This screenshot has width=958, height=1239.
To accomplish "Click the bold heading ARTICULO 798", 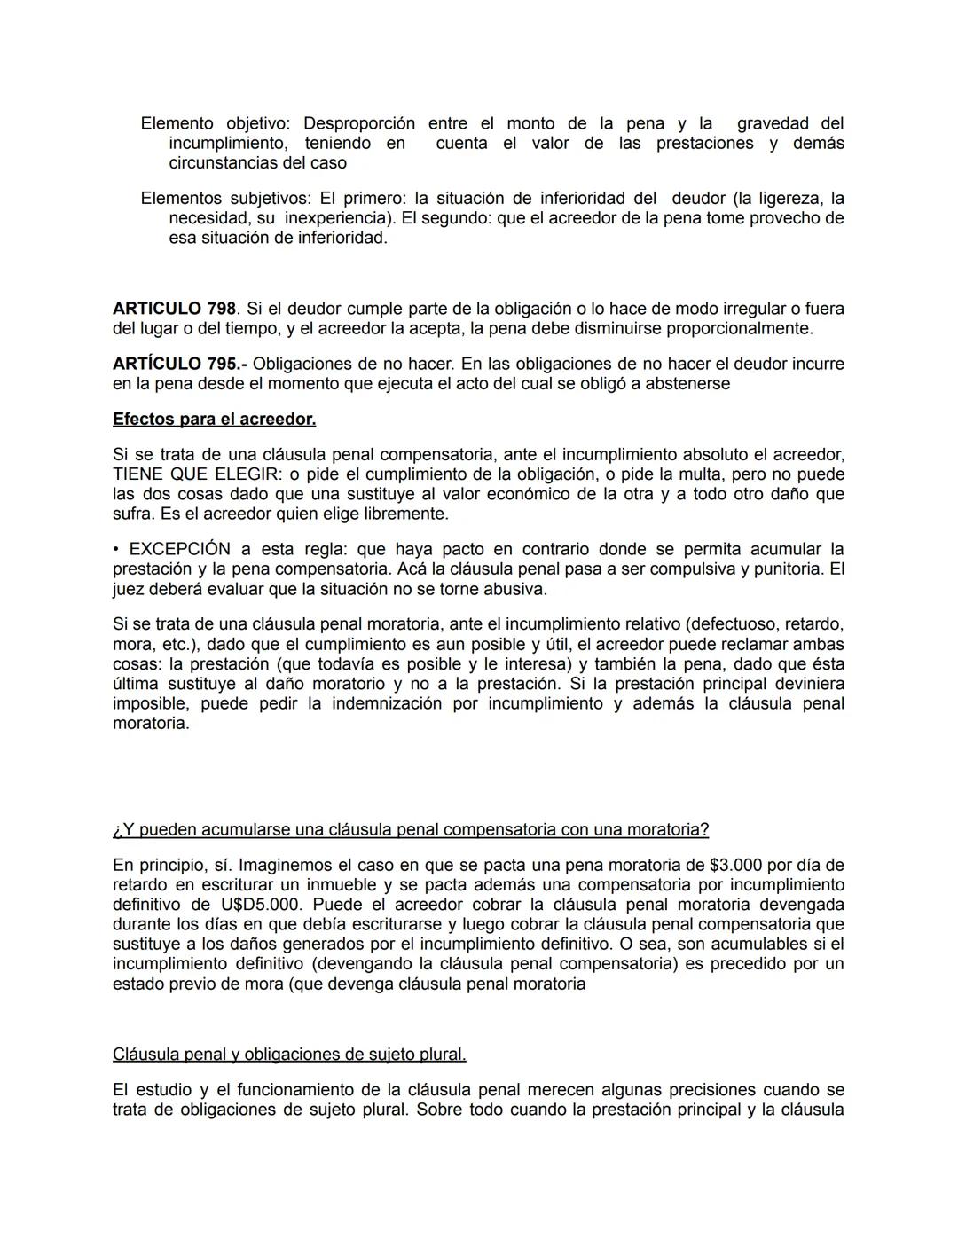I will point(174,309).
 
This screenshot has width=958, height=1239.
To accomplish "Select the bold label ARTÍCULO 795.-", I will point(181,364).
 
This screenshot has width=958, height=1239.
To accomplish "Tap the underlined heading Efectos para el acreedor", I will point(214,419).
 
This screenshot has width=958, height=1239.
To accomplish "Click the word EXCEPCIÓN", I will point(180,549).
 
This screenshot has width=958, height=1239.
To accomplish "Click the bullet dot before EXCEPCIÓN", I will point(116,549).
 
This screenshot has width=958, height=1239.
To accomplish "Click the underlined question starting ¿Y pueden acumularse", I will point(411,830).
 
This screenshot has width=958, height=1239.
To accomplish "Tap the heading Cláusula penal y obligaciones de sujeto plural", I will point(289,1055).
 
